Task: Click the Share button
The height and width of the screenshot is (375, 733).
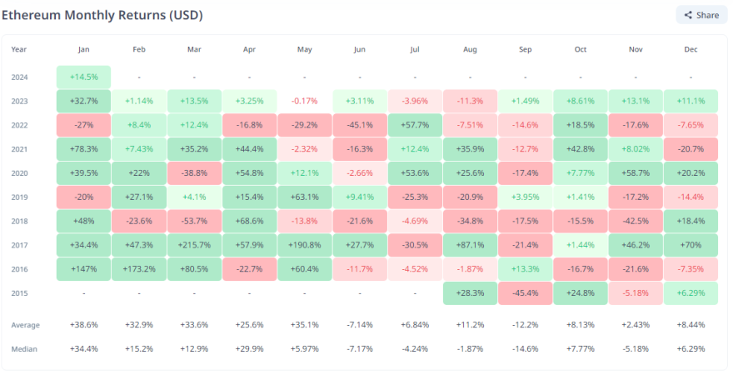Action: point(701,15)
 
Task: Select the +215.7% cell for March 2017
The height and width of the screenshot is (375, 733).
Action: point(194,245)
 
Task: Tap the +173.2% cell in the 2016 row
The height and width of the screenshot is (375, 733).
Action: point(138,269)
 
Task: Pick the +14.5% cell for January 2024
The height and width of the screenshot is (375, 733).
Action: point(83,77)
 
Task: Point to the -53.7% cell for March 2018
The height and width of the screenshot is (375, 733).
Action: point(194,221)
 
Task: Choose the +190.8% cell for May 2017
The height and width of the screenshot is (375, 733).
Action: point(304,245)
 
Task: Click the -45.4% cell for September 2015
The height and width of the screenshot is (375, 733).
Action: point(525,293)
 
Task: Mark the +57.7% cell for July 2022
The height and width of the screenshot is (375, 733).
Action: point(415,125)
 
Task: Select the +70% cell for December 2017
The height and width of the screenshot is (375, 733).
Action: point(691,245)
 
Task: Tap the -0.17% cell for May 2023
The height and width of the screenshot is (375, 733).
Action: point(304,101)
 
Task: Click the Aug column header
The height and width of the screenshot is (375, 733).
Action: point(470,49)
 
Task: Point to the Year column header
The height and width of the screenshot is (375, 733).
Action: point(19,49)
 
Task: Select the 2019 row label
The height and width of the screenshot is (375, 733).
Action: point(20,197)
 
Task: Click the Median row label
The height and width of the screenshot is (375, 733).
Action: point(24,348)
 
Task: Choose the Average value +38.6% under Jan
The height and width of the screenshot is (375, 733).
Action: point(83,325)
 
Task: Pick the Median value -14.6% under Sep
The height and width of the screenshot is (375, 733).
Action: point(525,348)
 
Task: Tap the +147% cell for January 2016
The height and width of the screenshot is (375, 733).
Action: point(83,269)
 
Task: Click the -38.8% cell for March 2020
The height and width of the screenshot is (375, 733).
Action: point(194,172)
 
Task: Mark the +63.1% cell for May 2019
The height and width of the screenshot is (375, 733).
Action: point(304,197)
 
